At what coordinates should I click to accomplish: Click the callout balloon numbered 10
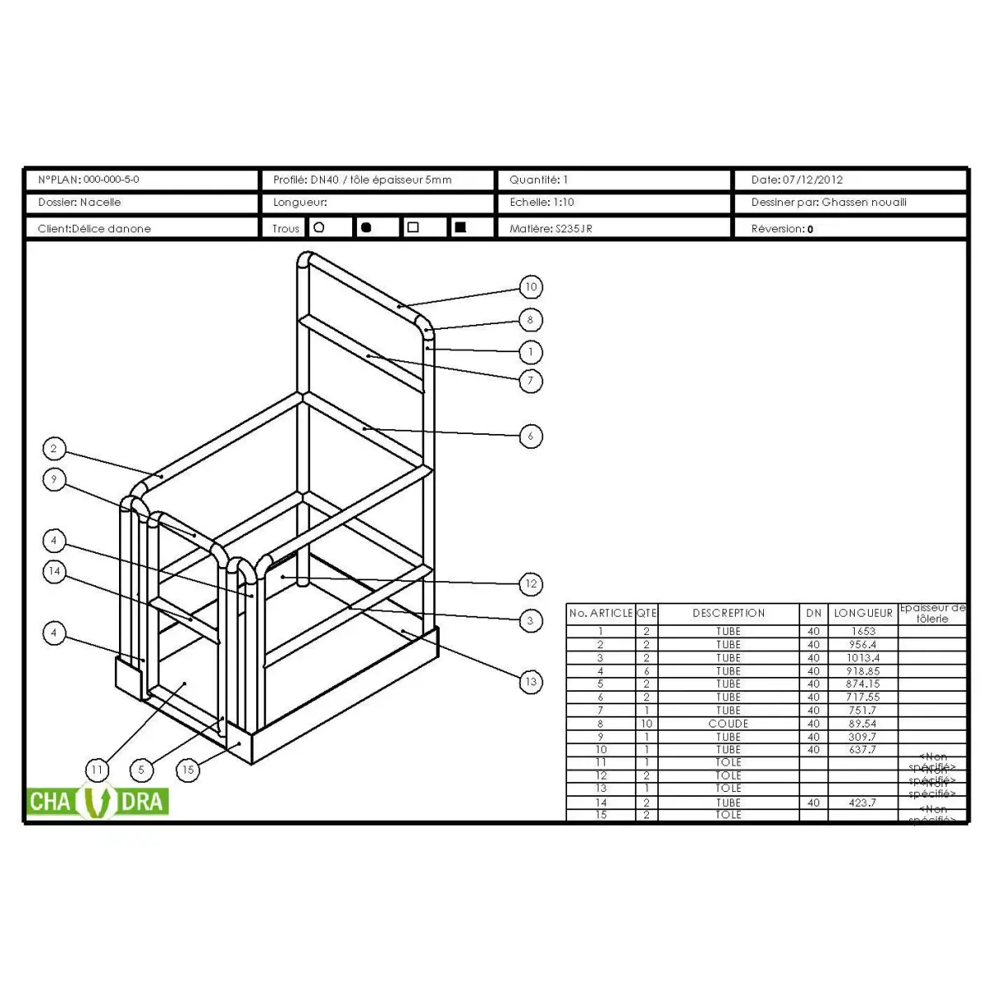coord(531,287)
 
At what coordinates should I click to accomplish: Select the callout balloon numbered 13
coord(531,682)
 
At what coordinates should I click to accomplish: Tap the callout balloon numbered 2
coord(54,449)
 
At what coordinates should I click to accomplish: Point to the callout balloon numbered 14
coord(54,571)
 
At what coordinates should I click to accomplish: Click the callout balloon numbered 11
coord(98,770)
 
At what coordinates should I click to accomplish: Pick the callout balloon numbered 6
coord(531,436)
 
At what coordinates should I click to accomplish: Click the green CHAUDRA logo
coord(98,802)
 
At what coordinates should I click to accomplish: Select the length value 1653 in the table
coord(862,631)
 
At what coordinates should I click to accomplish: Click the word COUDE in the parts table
coord(728,723)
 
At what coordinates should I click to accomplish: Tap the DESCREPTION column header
coord(728,613)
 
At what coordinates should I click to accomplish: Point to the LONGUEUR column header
coord(863,613)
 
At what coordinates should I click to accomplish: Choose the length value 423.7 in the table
coord(862,802)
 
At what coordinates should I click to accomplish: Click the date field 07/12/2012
coord(813,179)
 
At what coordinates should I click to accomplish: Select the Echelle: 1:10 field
coord(541,203)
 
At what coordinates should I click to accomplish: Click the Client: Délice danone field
coord(94,229)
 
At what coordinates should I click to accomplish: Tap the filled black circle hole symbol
coord(366,227)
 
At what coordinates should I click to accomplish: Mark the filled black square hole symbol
coord(460,227)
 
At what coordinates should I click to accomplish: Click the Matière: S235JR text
coord(551,229)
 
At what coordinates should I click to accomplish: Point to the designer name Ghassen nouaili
coord(864,203)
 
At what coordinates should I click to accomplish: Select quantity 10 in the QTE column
coord(646,723)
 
